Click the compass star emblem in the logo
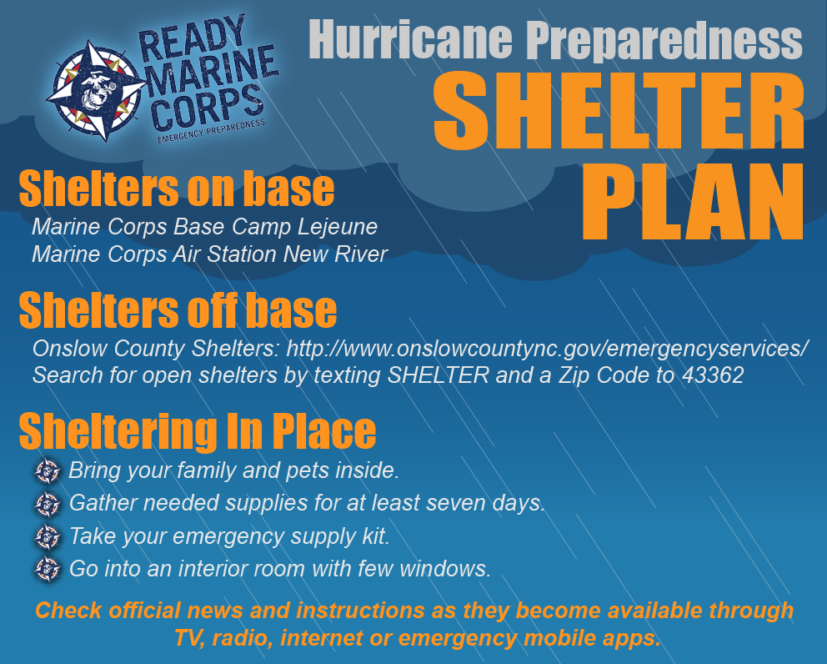pyautogui.click(x=96, y=91)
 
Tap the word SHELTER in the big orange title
pyautogui.click(x=619, y=111)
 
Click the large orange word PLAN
pyautogui.click(x=693, y=201)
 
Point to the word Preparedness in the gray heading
pyautogui.click(x=664, y=41)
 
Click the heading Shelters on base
pyautogui.click(x=177, y=189)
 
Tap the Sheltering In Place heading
pyautogui.click(x=198, y=432)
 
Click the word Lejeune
pyautogui.click(x=338, y=227)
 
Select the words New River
pyautogui.click(x=335, y=254)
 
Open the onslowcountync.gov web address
pyautogui.click(x=547, y=349)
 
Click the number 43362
pyautogui.click(x=713, y=375)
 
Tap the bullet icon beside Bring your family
pyautogui.click(x=48, y=470)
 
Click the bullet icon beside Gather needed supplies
pyautogui.click(x=48, y=504)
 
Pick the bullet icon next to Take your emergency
pyautogui.click(x=48, y=537)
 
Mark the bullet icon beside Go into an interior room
pyautogui.click(x=48, y=569)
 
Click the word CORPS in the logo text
pyautogui.click(x=206, y=107)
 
